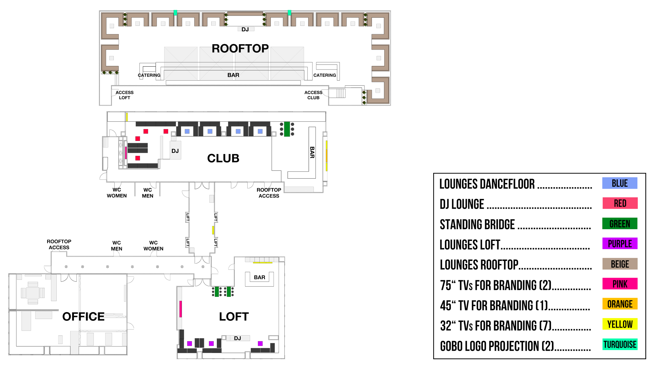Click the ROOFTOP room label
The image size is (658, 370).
(x=240, y=49)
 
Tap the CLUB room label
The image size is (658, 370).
(x=223, y=158)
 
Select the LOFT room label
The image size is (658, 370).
(x=234, y=317)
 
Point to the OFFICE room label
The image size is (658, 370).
(x=83, y=316)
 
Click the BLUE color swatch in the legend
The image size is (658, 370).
(x=620, y=183)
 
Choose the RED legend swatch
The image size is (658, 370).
(x=620, y=203)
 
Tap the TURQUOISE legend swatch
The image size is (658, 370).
(x=620, y=344)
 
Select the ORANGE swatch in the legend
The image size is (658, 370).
(x=620, y=304)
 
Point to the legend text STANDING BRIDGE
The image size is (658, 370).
(x=477, y=224)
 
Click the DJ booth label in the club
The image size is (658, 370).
(x=175, y=151)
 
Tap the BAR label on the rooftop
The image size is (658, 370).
(x=233, y=75)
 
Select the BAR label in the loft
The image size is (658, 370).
(x=260, y=277)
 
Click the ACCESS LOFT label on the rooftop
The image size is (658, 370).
(x=124, y=95)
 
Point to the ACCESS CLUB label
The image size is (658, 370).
(x=313, y=95)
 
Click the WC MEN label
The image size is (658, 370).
(x=116, y=246)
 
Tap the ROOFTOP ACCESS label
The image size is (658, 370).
(x=59, y=244)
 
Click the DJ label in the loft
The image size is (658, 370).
(x=237, y=338)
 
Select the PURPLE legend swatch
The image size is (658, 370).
(x=620, y=244)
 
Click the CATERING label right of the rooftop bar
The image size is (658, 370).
(x=325, y=75)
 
